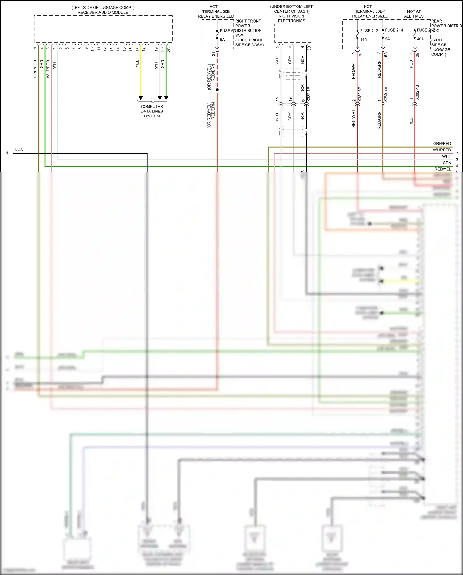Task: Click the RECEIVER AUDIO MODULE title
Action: point(103,12)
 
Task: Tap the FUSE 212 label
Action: point(369,31)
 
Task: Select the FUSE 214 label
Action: point(394,30)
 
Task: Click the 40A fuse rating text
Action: point(420,39)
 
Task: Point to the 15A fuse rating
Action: point(364,40)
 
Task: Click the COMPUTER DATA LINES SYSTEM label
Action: point(152,111)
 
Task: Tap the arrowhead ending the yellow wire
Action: point(141,98)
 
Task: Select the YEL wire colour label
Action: point(137,64)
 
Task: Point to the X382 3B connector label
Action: point(360,95)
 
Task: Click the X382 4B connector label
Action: point(417,92)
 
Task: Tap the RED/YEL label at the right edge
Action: point(443,169)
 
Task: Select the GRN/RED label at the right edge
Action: point(442,144)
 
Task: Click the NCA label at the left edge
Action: point(19,150)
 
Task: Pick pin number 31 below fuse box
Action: point(213,54)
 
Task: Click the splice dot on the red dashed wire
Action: point(217,90)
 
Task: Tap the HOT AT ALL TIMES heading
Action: point(414,14)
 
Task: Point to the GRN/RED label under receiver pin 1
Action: point(35,69)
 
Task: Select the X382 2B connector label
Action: point(385,95)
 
